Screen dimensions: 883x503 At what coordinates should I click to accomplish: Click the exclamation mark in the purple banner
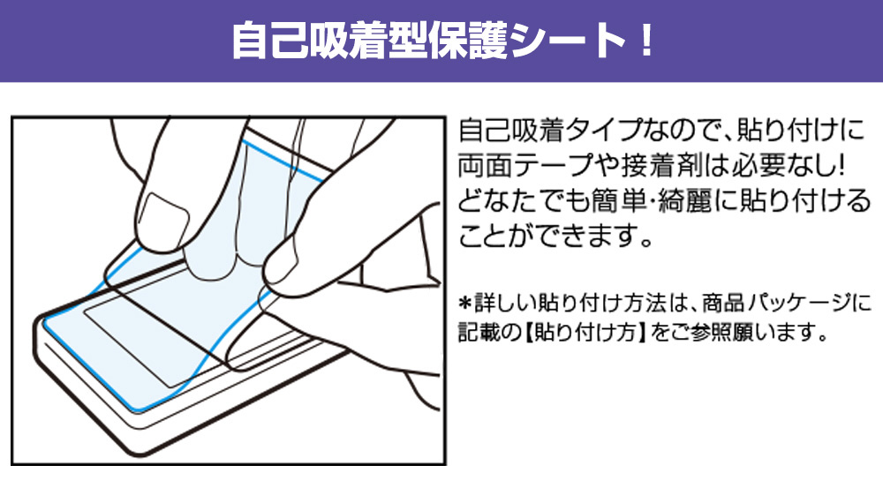point(646,40)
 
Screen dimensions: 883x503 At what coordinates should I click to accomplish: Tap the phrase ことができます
point(555,236)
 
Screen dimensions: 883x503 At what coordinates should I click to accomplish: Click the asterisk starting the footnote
point(465,304)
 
